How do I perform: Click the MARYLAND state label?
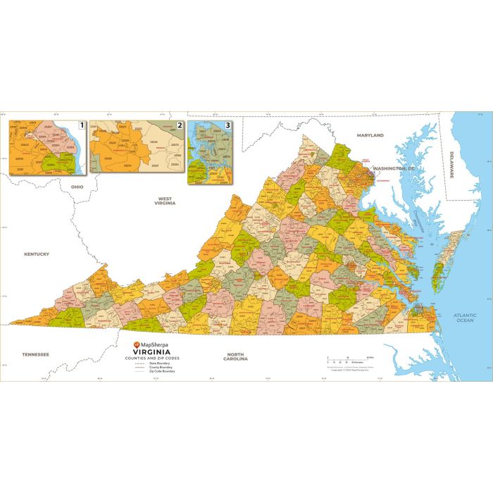[x=370, y=135]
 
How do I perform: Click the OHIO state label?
[x=77, y=187]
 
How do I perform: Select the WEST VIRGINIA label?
[x=166, y=201]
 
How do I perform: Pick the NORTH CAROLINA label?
[x=237, y=356]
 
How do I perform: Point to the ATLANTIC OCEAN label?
[x=465, y=318]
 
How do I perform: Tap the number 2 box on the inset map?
[x=180, y=125]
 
